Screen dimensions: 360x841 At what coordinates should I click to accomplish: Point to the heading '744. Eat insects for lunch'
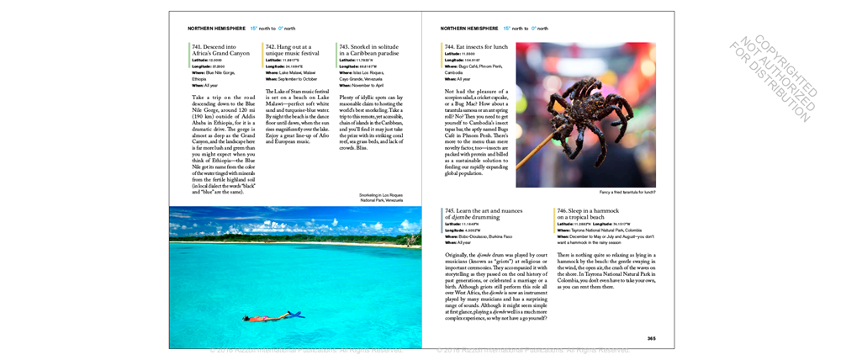pyautogui.click(x=477, y=46)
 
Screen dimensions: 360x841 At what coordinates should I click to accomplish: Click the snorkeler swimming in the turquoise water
pyautogui.click(x=271, y=317)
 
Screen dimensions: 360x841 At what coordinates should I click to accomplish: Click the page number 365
pyautogui.click(x=651, y=338)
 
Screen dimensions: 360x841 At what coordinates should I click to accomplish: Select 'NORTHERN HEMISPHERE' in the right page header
pyautogui.click(x=469, y=28)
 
